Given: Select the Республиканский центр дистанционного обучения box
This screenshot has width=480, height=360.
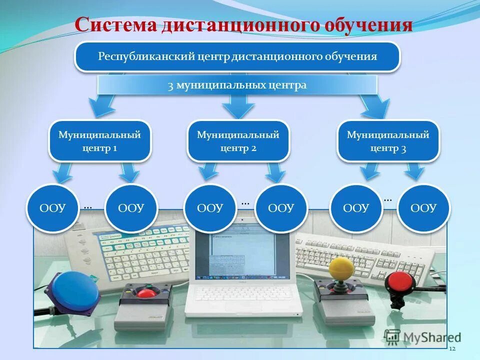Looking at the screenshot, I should pos(237,56).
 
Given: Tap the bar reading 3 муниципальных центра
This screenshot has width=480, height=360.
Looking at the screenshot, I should pos(237,85).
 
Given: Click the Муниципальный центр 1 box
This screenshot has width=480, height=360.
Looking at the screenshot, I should pos(99,141).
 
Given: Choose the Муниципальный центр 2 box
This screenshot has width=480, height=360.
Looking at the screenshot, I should pos(238,141).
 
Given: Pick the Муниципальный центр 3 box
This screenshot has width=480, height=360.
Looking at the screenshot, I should pos(388,141).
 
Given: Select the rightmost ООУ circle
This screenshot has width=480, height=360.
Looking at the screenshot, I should pos(423,208).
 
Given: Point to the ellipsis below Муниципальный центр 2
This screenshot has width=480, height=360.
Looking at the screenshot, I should pos(245,203).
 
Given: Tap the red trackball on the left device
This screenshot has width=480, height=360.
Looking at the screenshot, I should pos(146,292).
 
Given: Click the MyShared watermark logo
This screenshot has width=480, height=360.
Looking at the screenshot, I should pos(423,337).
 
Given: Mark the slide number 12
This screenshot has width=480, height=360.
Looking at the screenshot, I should pos(452,348).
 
